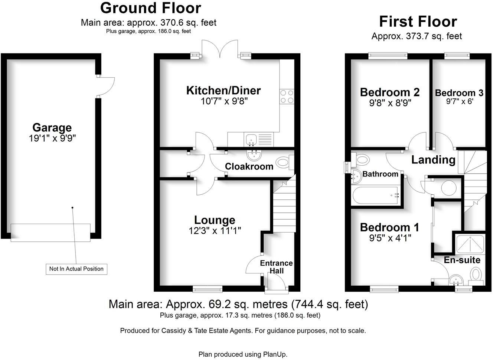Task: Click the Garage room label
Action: pos(52,127)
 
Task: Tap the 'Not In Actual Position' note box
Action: pos(76,269)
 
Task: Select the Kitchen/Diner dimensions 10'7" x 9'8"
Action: pos(224,101)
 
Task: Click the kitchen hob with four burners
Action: pos(287,97)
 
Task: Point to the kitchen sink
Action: pos(251,140)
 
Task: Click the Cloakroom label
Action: pos(249,166)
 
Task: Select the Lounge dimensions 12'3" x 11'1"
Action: pos(215,231)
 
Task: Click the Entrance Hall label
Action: pos(276,267)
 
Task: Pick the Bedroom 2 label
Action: pos(390,92)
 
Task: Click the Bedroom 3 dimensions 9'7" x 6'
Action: pos(460,101)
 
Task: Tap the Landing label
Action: pos(433,160)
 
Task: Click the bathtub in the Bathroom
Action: pos(375,195)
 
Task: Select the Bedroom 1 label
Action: pos(389,227)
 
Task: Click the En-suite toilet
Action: pos(476,275)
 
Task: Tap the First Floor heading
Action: pos(418,22)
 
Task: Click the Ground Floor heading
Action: pos(151,8)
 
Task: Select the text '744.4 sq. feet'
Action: pos(330,304)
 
